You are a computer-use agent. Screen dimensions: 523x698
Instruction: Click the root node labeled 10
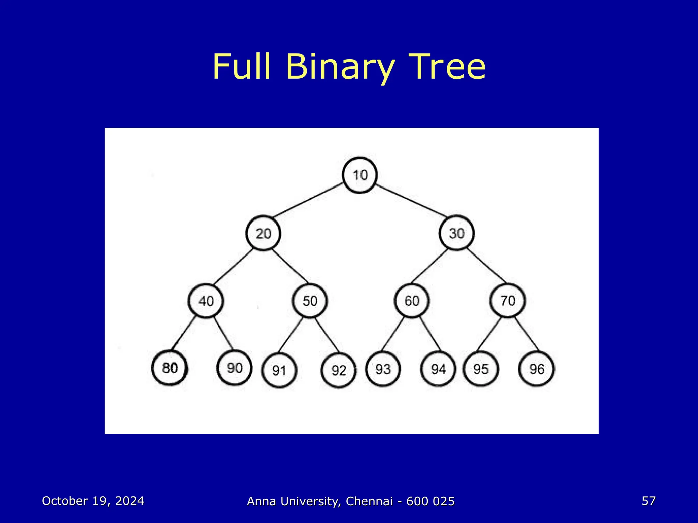[x=360, y=175]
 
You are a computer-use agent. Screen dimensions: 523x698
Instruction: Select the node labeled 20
[x=263, y=234]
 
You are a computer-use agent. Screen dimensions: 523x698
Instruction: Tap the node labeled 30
[x=456, y=233]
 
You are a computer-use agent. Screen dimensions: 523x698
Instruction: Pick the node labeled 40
[x=206, y=301]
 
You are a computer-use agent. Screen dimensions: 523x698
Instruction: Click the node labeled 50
[x=310, y=301]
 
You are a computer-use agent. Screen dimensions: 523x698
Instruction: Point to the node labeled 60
[x=412, y=301]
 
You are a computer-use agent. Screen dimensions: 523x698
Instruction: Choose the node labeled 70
[x=507, y=301]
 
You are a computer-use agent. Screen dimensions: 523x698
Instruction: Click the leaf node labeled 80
[x=170, y=368]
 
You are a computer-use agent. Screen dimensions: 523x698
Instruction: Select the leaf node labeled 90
[x=234, y=368]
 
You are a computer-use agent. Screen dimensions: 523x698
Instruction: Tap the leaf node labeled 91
[x=279, y=370]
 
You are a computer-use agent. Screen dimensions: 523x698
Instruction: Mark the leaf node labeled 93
[x=383, y=369]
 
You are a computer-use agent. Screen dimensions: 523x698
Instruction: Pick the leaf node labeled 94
[x=438, y=369]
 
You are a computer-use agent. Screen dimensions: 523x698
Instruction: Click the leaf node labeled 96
[x=536, y=369]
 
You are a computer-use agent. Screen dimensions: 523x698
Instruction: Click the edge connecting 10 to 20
[x=308, y=200]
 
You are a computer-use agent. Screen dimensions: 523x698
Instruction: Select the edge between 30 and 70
[x=487, y=267]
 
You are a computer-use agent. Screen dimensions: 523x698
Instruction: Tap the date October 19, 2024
[x=93, y=501]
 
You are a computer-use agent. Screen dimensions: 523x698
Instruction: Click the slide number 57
[x=649, y=501]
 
